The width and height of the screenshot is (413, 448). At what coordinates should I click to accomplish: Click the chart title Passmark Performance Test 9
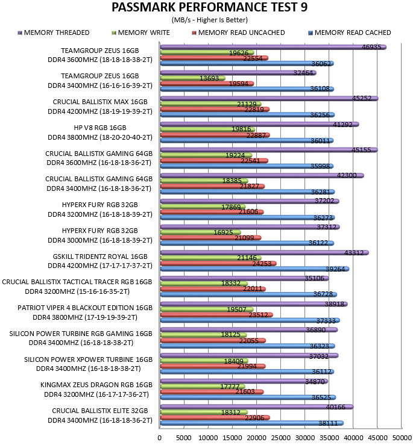tap(209, 7)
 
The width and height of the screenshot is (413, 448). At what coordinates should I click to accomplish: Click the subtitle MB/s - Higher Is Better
tap(209, 20)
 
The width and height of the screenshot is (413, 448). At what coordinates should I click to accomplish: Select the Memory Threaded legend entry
tap(54, 33)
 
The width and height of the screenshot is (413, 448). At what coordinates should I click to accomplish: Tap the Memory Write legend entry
tap(140, 33)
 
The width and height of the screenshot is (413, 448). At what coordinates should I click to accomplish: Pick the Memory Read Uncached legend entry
tap(239, 33)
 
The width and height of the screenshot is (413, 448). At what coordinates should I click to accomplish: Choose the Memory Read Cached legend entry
tap(350, 33)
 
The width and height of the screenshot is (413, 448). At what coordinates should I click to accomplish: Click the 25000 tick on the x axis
tap(280, 438)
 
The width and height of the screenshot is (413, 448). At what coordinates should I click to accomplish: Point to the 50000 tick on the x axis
tap(402, 438)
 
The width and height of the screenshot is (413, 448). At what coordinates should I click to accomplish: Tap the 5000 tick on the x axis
tap(184, 438)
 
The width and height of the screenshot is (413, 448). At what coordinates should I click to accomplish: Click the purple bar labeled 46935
tap(273, 47)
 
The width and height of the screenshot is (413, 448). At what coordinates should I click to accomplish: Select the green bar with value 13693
tap(192, 78)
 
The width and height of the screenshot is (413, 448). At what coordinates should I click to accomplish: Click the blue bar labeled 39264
tap(254, 269)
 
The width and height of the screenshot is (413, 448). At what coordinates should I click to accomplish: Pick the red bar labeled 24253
tap(218, 263)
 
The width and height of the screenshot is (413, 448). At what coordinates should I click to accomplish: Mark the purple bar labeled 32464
tap(238, 73)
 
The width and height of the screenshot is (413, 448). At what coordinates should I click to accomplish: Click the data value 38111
tap(329, 423)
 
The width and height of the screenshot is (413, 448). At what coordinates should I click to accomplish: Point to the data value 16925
tap(223, 232)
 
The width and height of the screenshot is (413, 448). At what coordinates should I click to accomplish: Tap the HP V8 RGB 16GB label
tap(100, 128)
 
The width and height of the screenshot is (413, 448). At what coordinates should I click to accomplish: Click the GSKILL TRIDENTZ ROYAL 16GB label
tap(100, 257)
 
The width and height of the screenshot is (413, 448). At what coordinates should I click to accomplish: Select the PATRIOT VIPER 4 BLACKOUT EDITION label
tap(85, 308)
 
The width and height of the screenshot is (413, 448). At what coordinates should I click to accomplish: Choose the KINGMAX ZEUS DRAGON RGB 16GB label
tap(96, 385)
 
